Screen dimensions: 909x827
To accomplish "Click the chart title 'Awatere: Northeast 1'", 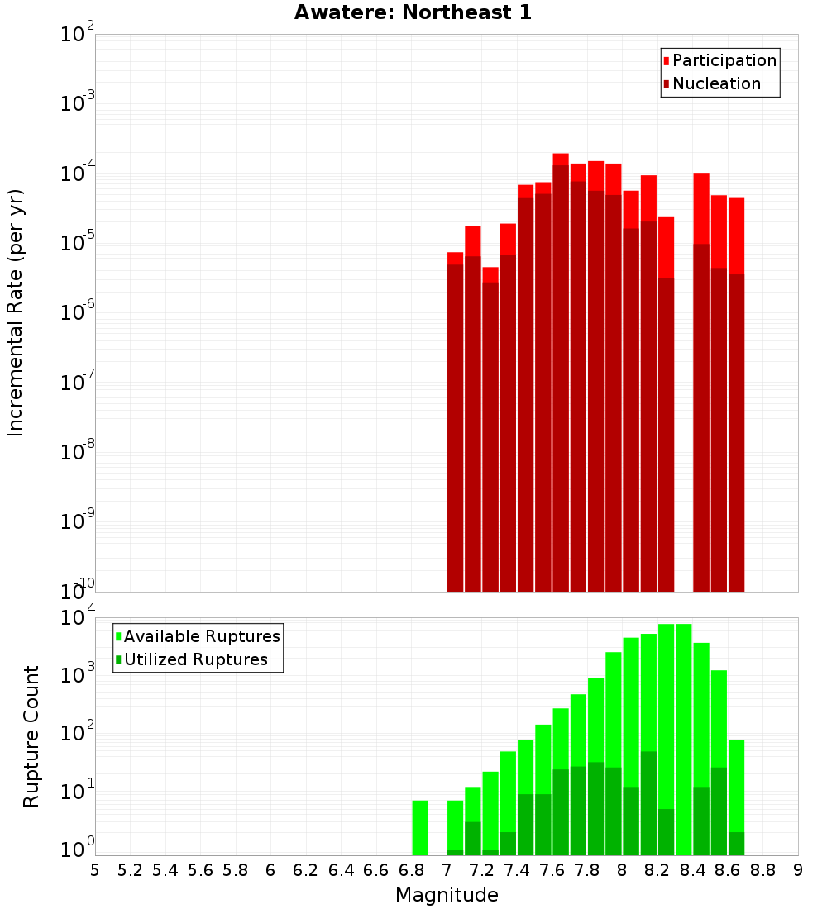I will (x=413, y=12).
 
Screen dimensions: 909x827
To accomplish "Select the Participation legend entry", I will (x=719, y=60).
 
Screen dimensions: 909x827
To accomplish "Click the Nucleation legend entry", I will (x=712, y=83).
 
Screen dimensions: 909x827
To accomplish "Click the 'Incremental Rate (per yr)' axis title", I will (x=16, y=312).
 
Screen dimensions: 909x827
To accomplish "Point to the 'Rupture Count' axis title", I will (x=31, y=736).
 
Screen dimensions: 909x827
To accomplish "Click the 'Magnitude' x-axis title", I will (x=447, y=895).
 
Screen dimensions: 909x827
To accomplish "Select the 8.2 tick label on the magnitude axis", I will (x=657, y=870).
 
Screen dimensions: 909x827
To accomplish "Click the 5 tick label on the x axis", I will (x=95, y=870).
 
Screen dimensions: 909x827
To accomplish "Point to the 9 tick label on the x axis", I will (x=798, y=870).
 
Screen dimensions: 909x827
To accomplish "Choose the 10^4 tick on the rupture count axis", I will (x=79, y=617).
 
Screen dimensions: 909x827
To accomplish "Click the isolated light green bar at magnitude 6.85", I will (x=420, y=827).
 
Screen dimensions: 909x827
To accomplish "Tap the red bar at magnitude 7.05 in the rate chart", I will (x=455, y=258).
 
